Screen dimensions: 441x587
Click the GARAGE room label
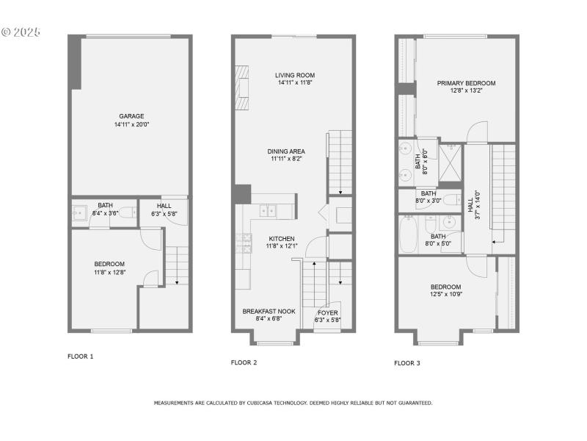coord(132,115)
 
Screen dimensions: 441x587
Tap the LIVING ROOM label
coord(295,75)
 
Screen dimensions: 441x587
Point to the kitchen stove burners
coord(243,243)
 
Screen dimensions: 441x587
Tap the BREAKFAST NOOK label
coord(269,312)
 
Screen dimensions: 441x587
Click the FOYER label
coord(327,312)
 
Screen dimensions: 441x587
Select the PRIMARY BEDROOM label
coord(466,83)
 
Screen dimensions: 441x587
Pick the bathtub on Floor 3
coord(409,234)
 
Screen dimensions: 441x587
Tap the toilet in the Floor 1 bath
coord(126,213)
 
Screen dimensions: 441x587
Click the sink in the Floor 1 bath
coord(80,213)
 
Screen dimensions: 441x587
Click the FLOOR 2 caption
coord(244,362)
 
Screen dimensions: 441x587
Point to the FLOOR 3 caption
coord(407,363)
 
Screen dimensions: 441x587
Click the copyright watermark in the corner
coord(21,32)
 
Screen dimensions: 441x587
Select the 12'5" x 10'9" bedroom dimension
coord(445,295)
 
